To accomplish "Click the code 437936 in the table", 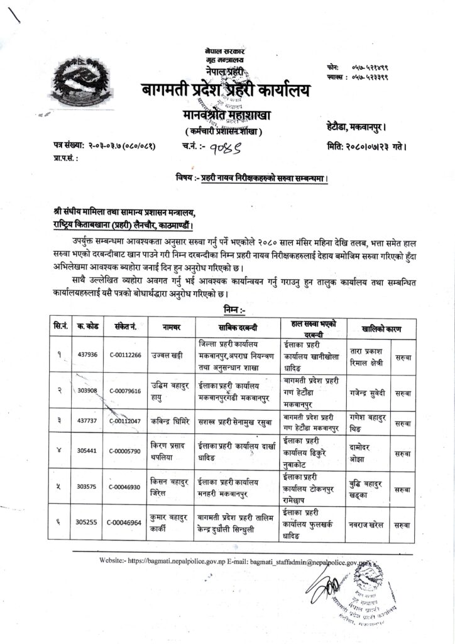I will (88, 354).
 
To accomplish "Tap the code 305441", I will (87, 452).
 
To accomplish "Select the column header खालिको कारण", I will (381, 328).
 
